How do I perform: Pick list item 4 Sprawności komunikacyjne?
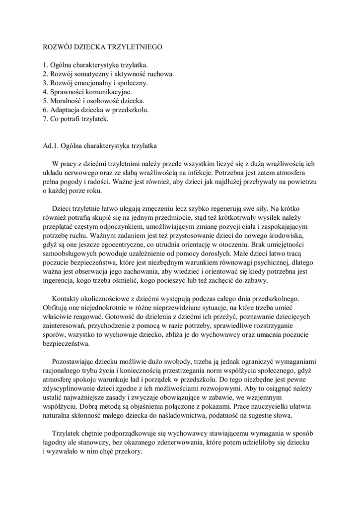(87, 92)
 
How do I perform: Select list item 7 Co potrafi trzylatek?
(75, 119)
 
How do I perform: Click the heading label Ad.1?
(51, 146)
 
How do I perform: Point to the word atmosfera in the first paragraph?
(297, 173)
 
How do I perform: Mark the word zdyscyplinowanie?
(71, 388)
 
